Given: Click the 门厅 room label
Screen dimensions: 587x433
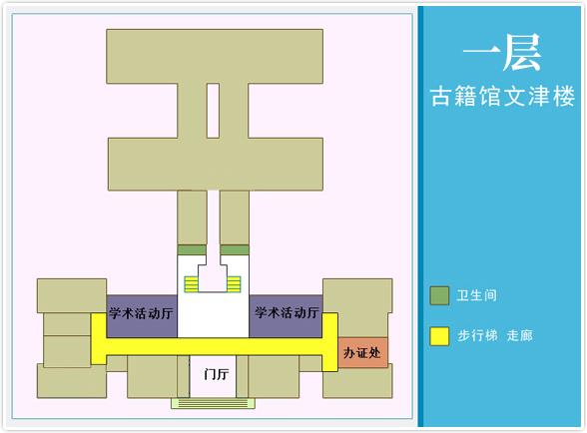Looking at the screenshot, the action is click(217, 374).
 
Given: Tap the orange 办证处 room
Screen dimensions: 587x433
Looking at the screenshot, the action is click(362, 352).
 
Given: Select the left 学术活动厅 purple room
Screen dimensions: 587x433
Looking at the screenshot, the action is click(142, 316).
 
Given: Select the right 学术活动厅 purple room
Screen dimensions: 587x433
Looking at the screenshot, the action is click(286, 316).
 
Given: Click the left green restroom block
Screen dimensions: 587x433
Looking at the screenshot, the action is click(192, 250).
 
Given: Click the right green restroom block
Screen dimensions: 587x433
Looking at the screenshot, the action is click(235, 250).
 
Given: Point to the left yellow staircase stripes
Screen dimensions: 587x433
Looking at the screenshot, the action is click(191, 284).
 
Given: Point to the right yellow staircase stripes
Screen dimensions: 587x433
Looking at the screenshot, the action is click(234, 284).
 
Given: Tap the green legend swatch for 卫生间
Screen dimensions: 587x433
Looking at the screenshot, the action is click(439, 295).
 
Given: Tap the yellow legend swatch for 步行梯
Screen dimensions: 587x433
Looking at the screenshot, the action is click(439, 335).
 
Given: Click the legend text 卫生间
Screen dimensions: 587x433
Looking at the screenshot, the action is click(476, 295).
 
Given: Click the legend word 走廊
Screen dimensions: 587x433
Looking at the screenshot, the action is click(519, 335).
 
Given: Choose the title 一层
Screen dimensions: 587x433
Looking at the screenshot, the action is click(502, 53).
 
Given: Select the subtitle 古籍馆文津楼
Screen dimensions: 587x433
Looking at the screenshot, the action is click(502, 97).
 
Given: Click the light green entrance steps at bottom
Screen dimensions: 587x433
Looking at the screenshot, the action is click(213, 403).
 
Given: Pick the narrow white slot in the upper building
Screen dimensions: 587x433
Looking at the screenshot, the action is click(213, 111).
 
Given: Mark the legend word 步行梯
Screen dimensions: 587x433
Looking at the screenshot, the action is click(477, 335).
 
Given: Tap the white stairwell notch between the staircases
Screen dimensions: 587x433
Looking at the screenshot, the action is click(213, 278).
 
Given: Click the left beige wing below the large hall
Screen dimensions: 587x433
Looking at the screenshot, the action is click(192, 217).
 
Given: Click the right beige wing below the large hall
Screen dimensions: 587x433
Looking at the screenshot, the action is click(235, 217).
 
